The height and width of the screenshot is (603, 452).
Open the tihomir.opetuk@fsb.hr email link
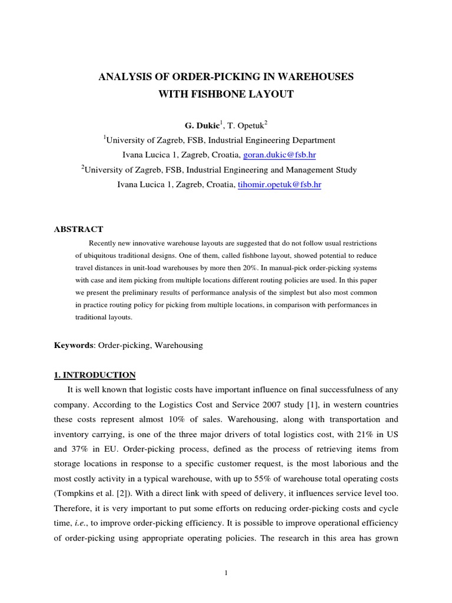280,185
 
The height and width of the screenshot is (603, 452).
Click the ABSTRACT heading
78,229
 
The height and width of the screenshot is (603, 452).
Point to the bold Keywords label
73,346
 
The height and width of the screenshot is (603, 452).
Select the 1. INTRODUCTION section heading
95,375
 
